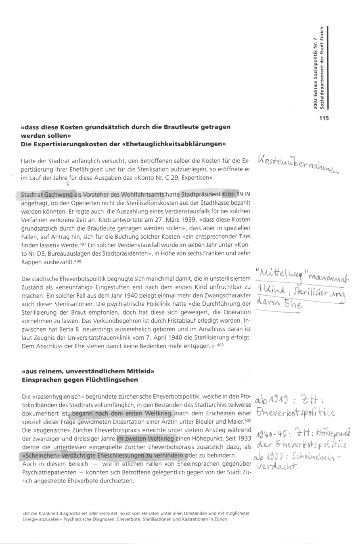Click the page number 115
(324, 118)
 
